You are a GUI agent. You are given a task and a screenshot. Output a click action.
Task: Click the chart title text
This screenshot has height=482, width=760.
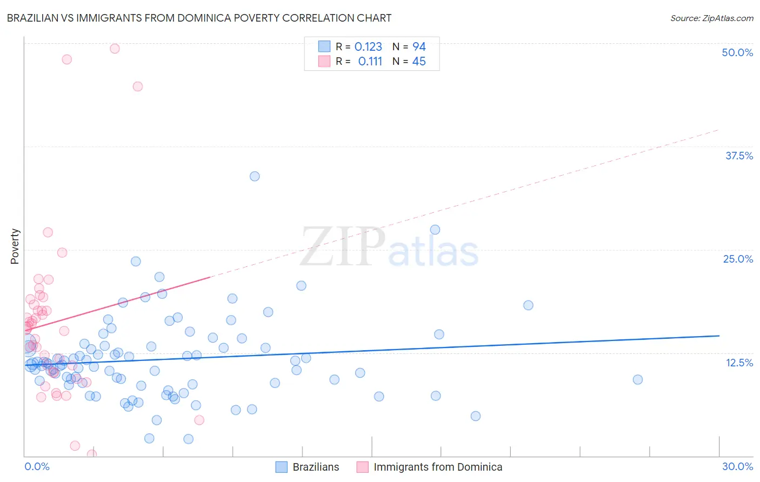tap(199, 18)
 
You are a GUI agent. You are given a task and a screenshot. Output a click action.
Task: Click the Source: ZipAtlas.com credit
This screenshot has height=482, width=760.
tap(711, 18)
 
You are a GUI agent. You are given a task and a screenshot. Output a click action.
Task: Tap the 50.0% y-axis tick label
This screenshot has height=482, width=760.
tap(737, 52)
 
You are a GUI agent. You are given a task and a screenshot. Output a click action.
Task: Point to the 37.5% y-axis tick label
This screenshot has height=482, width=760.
tap(739, 156)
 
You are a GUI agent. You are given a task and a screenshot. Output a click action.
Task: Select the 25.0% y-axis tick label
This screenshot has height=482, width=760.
tap(738, 259)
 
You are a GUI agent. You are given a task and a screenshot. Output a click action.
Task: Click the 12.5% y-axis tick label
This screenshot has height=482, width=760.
tap(739, 363)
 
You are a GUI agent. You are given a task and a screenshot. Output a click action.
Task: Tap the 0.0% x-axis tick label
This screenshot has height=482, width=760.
tap(37, 466)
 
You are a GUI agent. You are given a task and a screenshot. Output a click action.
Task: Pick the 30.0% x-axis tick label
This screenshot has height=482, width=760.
tap(737, 466)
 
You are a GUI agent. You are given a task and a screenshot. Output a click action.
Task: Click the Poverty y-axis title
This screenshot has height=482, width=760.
tap(15, 246)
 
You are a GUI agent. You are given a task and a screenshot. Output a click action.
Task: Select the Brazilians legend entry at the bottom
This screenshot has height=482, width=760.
tap(316, 467)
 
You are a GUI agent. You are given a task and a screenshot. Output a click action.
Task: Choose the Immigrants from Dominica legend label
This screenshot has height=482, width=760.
tap(437, 467)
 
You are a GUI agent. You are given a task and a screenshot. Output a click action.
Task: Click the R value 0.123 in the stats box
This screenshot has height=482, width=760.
tap(368, 47)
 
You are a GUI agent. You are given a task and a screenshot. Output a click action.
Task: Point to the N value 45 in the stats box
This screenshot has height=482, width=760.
tap(419, 62)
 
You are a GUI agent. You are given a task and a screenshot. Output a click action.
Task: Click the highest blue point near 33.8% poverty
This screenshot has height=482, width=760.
tap(255, 176)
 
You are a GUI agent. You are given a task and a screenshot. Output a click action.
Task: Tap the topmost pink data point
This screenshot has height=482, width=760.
tap(115, 49)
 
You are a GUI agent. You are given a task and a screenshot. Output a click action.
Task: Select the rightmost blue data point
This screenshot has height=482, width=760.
tap(638, 379)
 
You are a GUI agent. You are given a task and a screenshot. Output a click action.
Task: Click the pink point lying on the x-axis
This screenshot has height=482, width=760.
tap(92, 454)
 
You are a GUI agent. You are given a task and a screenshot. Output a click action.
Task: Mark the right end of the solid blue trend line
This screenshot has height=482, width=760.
tap(719, 336)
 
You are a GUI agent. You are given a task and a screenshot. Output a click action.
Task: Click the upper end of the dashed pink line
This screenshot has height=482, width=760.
tap(719, 130)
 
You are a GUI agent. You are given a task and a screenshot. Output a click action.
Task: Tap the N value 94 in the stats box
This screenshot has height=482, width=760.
tap(419, 47)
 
